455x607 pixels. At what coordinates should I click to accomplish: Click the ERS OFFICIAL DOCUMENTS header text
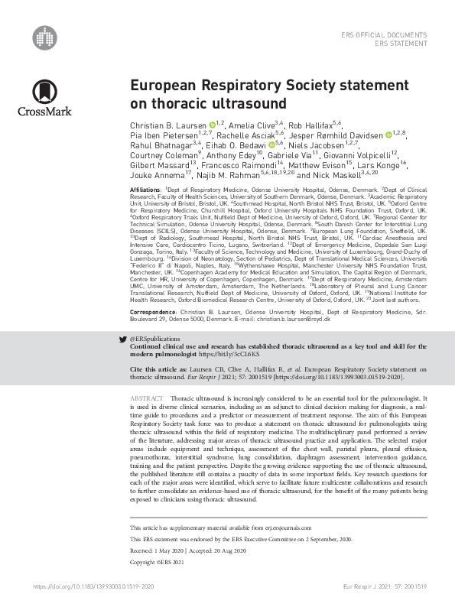pyautogui.click(x=385, y=35)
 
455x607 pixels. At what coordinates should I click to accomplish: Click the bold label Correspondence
pyautogui.click(x=154, y=291)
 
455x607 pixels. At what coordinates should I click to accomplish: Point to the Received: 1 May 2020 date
pyautogui.click(x=158, y=550)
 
